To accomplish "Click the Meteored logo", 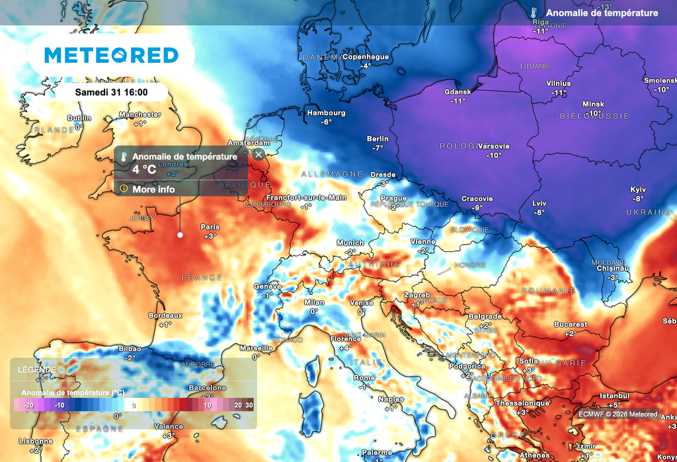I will coord(111,56).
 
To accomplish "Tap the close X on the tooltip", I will coord(259,155).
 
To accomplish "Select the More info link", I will coord(153,190).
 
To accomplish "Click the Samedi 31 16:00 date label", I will coord(110,93).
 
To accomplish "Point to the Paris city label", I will coord(210,227).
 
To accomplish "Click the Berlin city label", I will coord(378,139).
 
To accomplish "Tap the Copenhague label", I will coord(365,57).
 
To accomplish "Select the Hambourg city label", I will coord(326,113).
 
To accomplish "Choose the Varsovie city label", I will coord(493,146).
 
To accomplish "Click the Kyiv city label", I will coord(638,189).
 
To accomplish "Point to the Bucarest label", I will coord(571,325).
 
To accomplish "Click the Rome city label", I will coord(364,377).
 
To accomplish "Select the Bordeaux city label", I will coord(165,315).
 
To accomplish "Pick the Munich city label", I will coord(350,243).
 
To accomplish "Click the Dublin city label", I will coord(79,118).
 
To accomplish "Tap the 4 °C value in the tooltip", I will coord(144,169).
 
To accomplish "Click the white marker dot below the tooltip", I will coord(180,235).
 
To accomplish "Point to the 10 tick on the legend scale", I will coord(208,405).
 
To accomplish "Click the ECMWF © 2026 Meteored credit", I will coord(617,414).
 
